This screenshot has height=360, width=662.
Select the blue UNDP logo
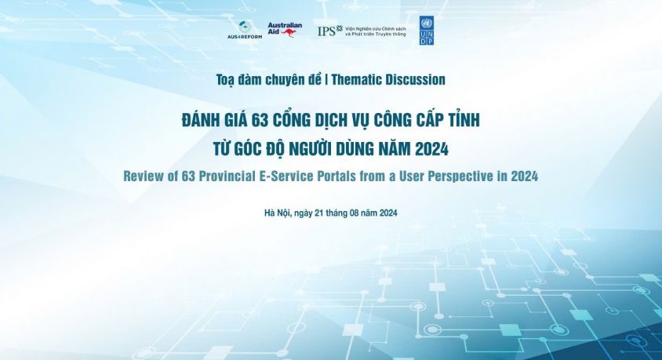426,31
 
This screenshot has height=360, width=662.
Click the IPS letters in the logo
327,31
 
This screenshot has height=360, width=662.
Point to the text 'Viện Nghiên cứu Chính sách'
376,28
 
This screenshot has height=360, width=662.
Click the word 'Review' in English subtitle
145,176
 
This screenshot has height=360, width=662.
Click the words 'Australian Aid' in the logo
284,26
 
